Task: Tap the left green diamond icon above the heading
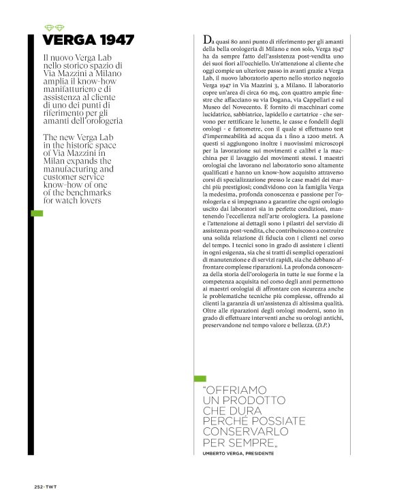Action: click(x=48, y=28)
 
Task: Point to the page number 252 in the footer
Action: click(x=39, y=486)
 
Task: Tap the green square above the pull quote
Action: click(x=200, y=378)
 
